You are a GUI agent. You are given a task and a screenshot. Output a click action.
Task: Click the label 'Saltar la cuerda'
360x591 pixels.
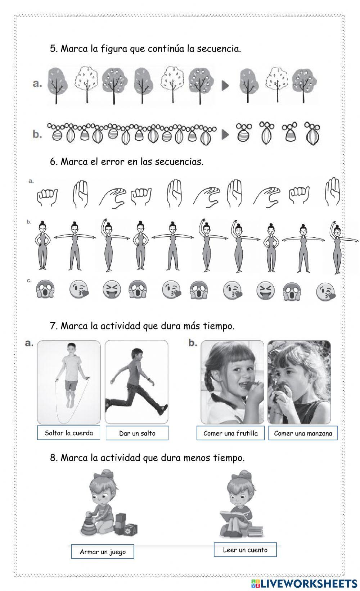(x=69, y=433)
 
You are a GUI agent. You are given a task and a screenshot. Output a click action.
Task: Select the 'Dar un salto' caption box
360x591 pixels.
(x=137, y=433)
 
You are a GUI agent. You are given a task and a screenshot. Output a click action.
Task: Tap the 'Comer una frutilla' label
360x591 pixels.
(x=230, y=433)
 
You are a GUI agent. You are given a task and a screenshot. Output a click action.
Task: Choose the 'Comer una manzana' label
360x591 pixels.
(x=303, y=433)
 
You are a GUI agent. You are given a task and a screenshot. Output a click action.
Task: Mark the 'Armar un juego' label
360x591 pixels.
(x=103, y=552)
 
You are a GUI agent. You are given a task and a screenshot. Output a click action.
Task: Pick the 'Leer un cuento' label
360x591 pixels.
(x=245, y=550)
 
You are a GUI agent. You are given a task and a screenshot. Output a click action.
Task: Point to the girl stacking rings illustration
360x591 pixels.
(x=109, y=503)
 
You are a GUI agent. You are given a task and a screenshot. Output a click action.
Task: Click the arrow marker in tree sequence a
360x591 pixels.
(x=225, y=86)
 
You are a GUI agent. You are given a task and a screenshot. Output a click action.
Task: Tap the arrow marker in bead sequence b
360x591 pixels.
(x=225, y=135)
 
